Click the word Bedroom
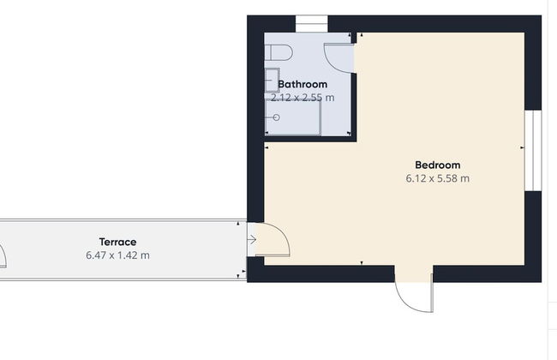[437, 165]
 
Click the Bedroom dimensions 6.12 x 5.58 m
[437, 179]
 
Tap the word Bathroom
[302, 84]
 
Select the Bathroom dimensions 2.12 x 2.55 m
[302, 98]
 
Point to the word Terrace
[117, 242]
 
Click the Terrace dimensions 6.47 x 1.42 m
[117, 255]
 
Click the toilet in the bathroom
[279, 52]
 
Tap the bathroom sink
[272, 76]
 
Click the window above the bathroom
[311, 24]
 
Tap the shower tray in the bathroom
[292, 117]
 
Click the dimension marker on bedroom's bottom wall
[362, 263]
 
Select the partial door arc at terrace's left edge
[3, 255]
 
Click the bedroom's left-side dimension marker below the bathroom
[267, 147]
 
